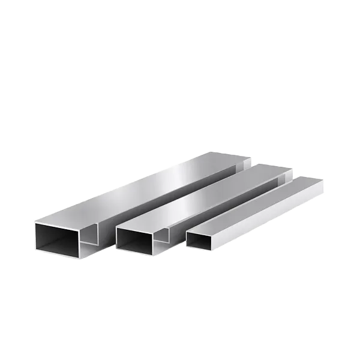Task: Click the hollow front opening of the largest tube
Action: click(x=57, y=238)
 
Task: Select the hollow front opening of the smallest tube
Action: click(x=199, y=240)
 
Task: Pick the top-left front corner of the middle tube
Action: click(x=116, y=229)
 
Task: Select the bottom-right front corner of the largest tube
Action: click(x=80, y=259)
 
